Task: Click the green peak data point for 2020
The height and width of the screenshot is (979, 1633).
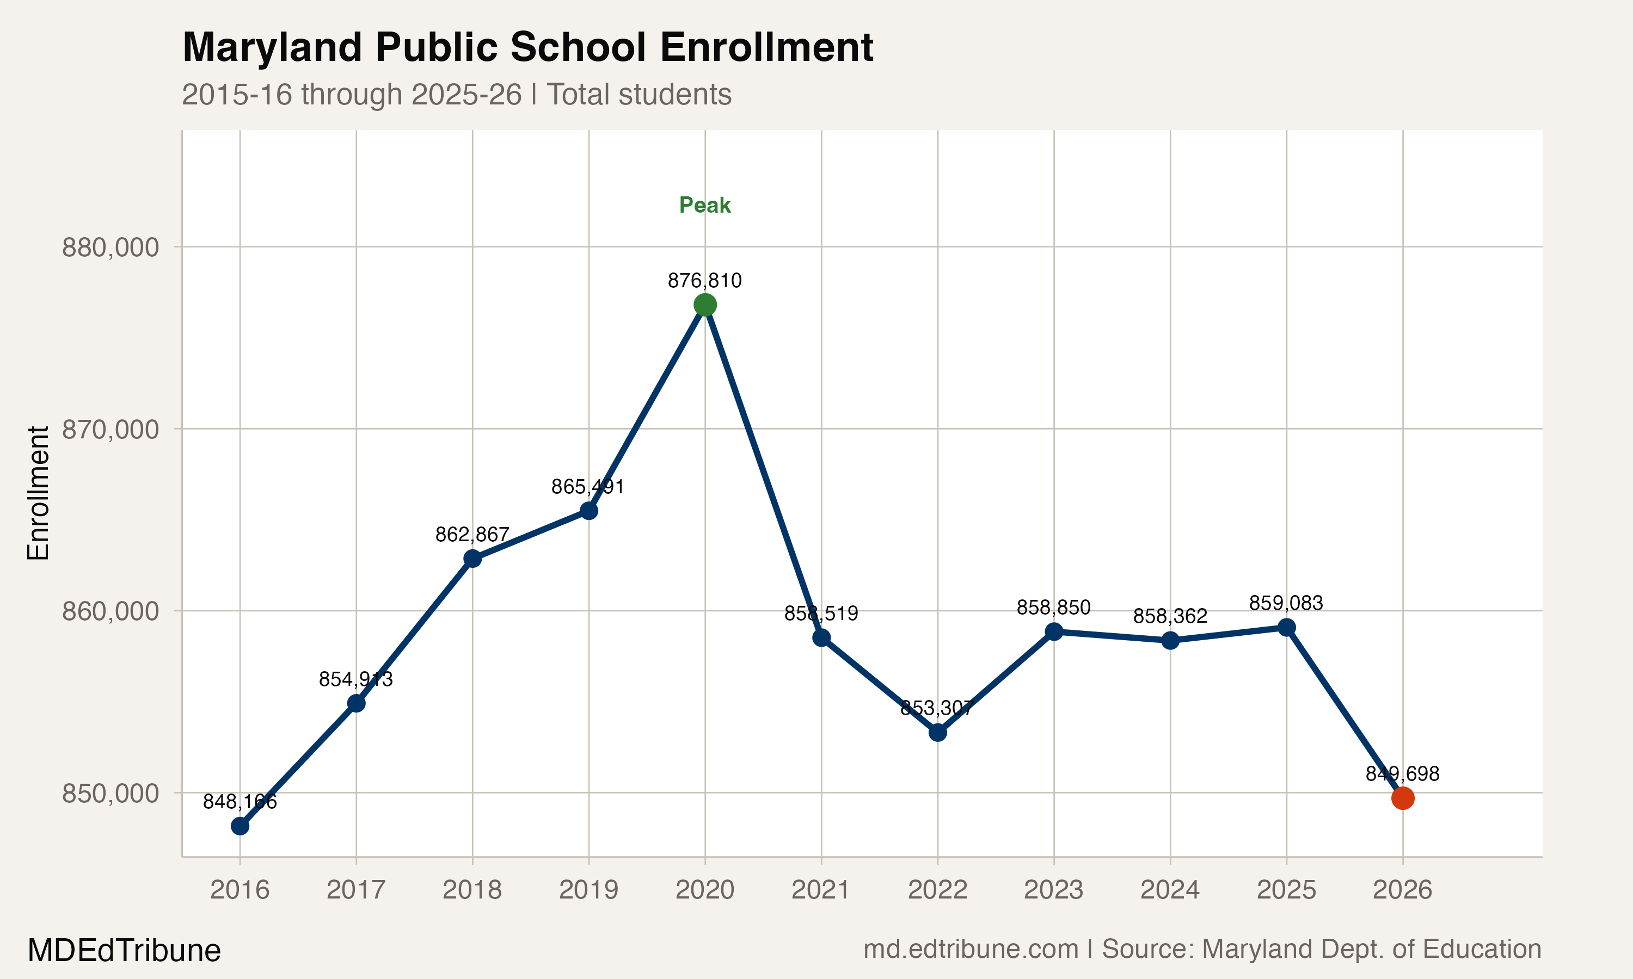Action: (705, 305)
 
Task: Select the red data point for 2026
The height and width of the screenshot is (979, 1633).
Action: (1403, 798)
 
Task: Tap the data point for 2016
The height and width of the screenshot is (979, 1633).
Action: (240, 826)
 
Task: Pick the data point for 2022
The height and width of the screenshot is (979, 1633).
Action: (938, 732)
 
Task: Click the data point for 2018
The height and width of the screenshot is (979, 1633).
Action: (472, 559)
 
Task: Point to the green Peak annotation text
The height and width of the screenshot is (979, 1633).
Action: (705, 205)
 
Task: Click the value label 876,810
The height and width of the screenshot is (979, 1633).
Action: (705, 281)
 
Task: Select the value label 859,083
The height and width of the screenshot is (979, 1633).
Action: (1286, 603)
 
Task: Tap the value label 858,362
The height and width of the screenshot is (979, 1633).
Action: (1170, 616)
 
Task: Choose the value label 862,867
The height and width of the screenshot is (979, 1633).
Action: (472, 534)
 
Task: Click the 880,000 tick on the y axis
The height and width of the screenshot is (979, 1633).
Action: (110, 247)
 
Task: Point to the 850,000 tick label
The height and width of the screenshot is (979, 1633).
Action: (110, 793)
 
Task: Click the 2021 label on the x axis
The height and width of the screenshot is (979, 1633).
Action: (820, 890)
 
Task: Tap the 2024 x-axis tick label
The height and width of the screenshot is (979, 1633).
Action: (1170, 890)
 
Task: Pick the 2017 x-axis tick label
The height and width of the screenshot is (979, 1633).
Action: (356, 890)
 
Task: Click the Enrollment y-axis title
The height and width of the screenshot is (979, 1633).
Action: (38, 493)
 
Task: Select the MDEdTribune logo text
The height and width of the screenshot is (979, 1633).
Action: (124, 951)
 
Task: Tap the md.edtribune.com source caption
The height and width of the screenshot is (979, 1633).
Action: (971, 949)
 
